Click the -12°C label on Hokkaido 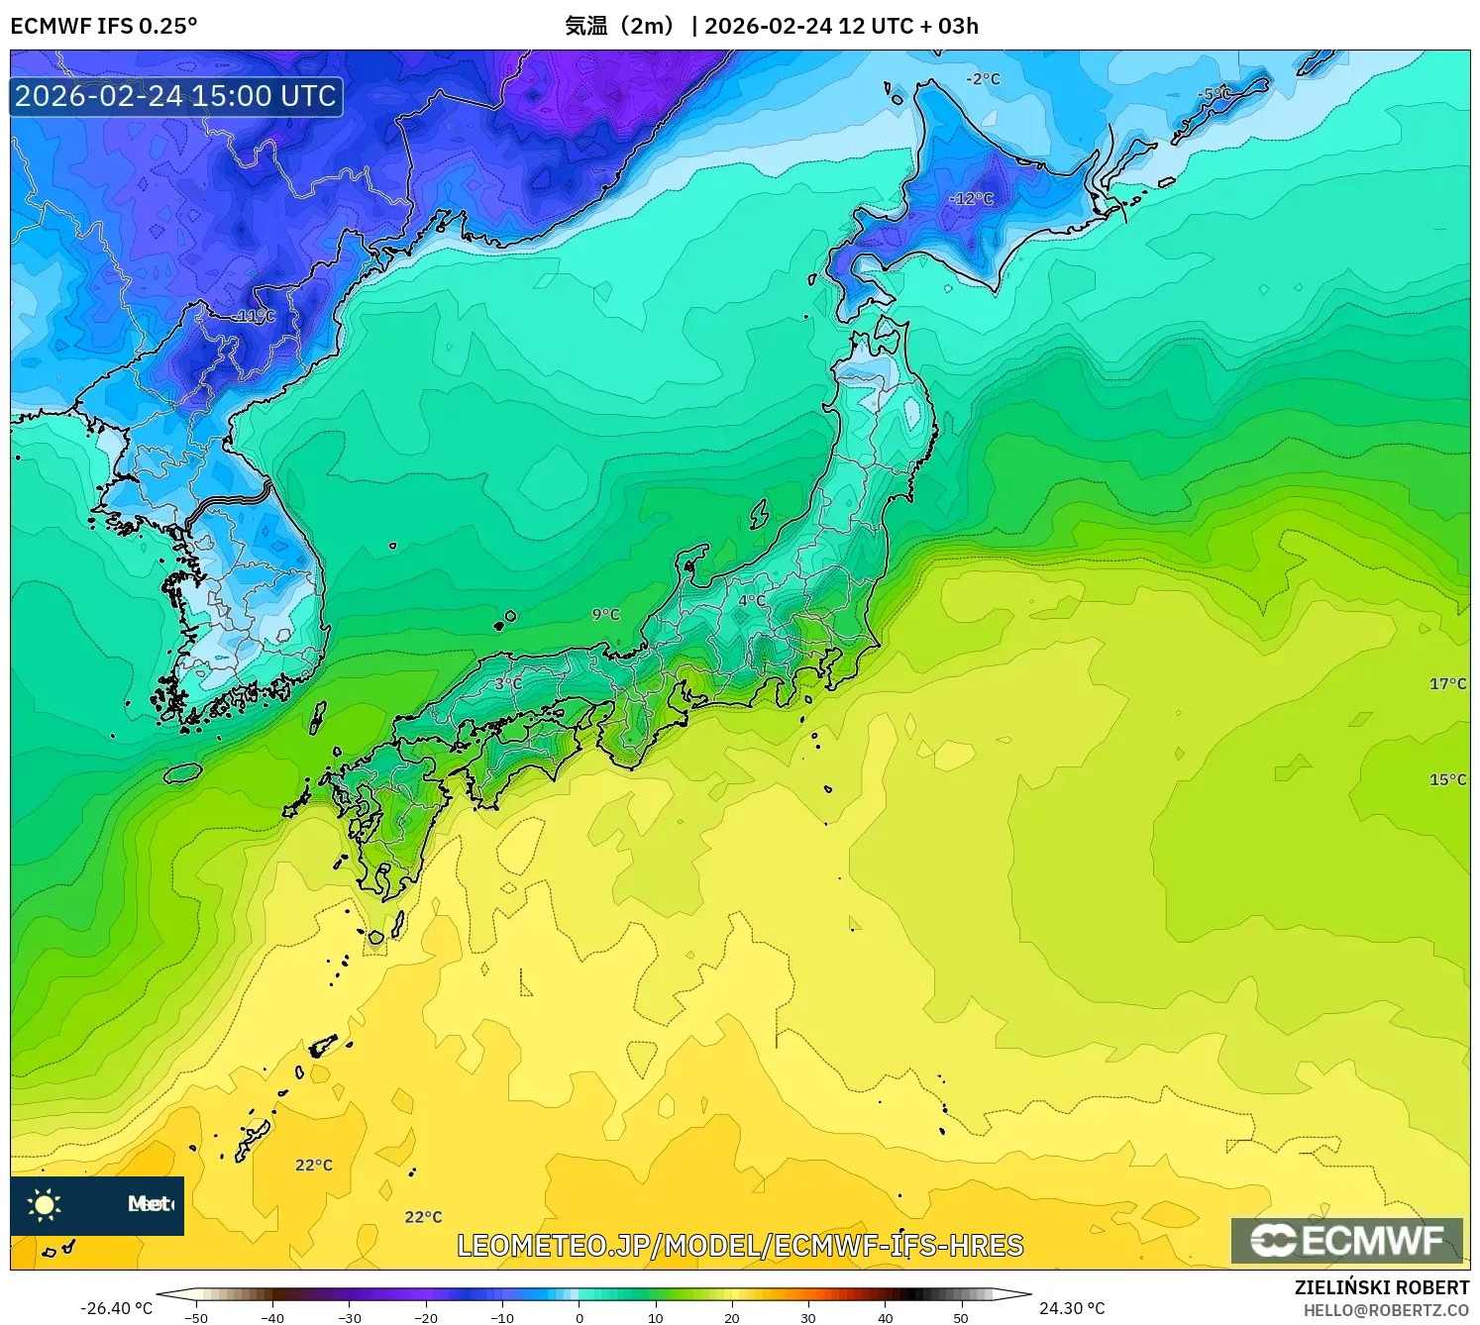971,199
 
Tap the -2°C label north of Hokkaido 984,79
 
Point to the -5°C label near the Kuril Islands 1215,94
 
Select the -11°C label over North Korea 255,316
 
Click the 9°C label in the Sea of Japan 606,615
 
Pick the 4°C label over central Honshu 752,600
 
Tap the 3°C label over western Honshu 508,683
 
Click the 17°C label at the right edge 1447,683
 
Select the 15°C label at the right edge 1447,779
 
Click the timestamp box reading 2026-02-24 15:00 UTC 176,96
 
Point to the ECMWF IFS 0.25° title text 104,26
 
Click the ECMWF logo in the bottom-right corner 1347,1241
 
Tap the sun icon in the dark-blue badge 45,1204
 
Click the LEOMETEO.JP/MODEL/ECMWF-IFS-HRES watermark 740,1246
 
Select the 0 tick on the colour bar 580,1318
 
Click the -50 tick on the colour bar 196,1318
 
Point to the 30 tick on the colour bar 808,1318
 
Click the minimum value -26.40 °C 117,1308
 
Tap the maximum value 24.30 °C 1072,1308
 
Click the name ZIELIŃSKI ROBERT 1382,1287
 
